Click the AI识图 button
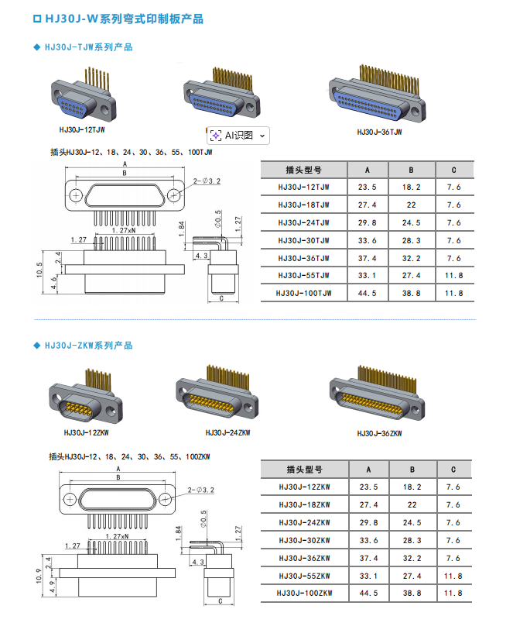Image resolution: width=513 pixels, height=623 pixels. (x=238, y=135)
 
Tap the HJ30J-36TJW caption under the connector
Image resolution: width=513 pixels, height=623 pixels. (x=379, y=132)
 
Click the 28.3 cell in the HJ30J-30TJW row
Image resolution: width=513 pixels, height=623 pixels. (x=411, y=240)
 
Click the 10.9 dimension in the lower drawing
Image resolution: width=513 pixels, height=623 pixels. (x=39, y=577)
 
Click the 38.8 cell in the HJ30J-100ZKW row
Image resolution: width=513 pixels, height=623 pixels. (x=411, y=594)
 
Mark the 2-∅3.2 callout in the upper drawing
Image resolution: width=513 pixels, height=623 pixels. (x=205, y=181)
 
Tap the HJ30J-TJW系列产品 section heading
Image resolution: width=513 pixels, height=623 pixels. (x=88, y=47)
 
